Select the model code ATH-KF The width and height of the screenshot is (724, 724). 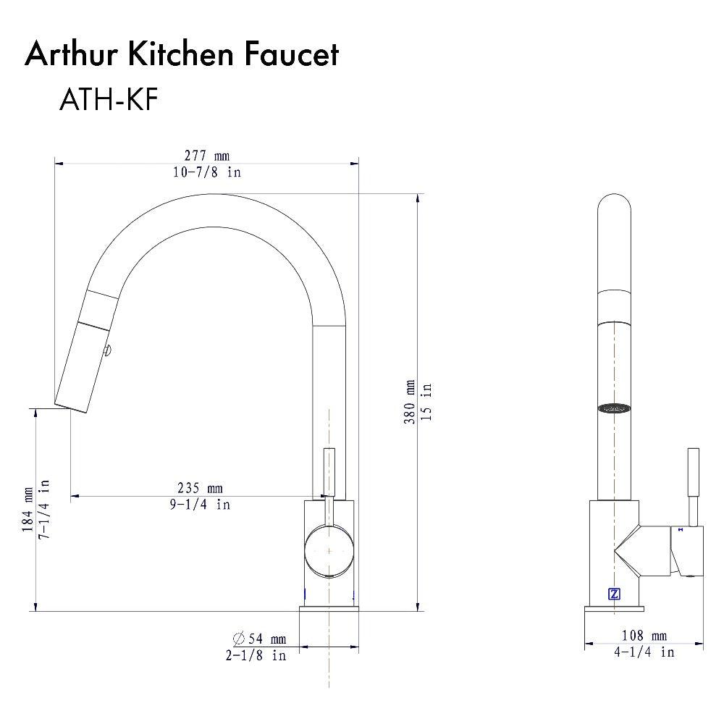tap(108, 101)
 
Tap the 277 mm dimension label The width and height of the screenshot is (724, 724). tap(206, 156)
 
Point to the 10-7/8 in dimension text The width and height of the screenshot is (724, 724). tap(206, 172)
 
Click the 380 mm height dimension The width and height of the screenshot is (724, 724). tap(411, 403)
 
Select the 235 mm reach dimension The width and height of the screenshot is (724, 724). tap(201, 489)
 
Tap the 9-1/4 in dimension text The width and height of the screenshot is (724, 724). tap(201, 504)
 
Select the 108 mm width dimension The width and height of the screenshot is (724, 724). tap(644, 636)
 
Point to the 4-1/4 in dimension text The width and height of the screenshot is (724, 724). tap(644, 652)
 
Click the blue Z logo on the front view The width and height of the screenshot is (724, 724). tap(614, 594)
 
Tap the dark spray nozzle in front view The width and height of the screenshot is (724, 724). tap(614, 408)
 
